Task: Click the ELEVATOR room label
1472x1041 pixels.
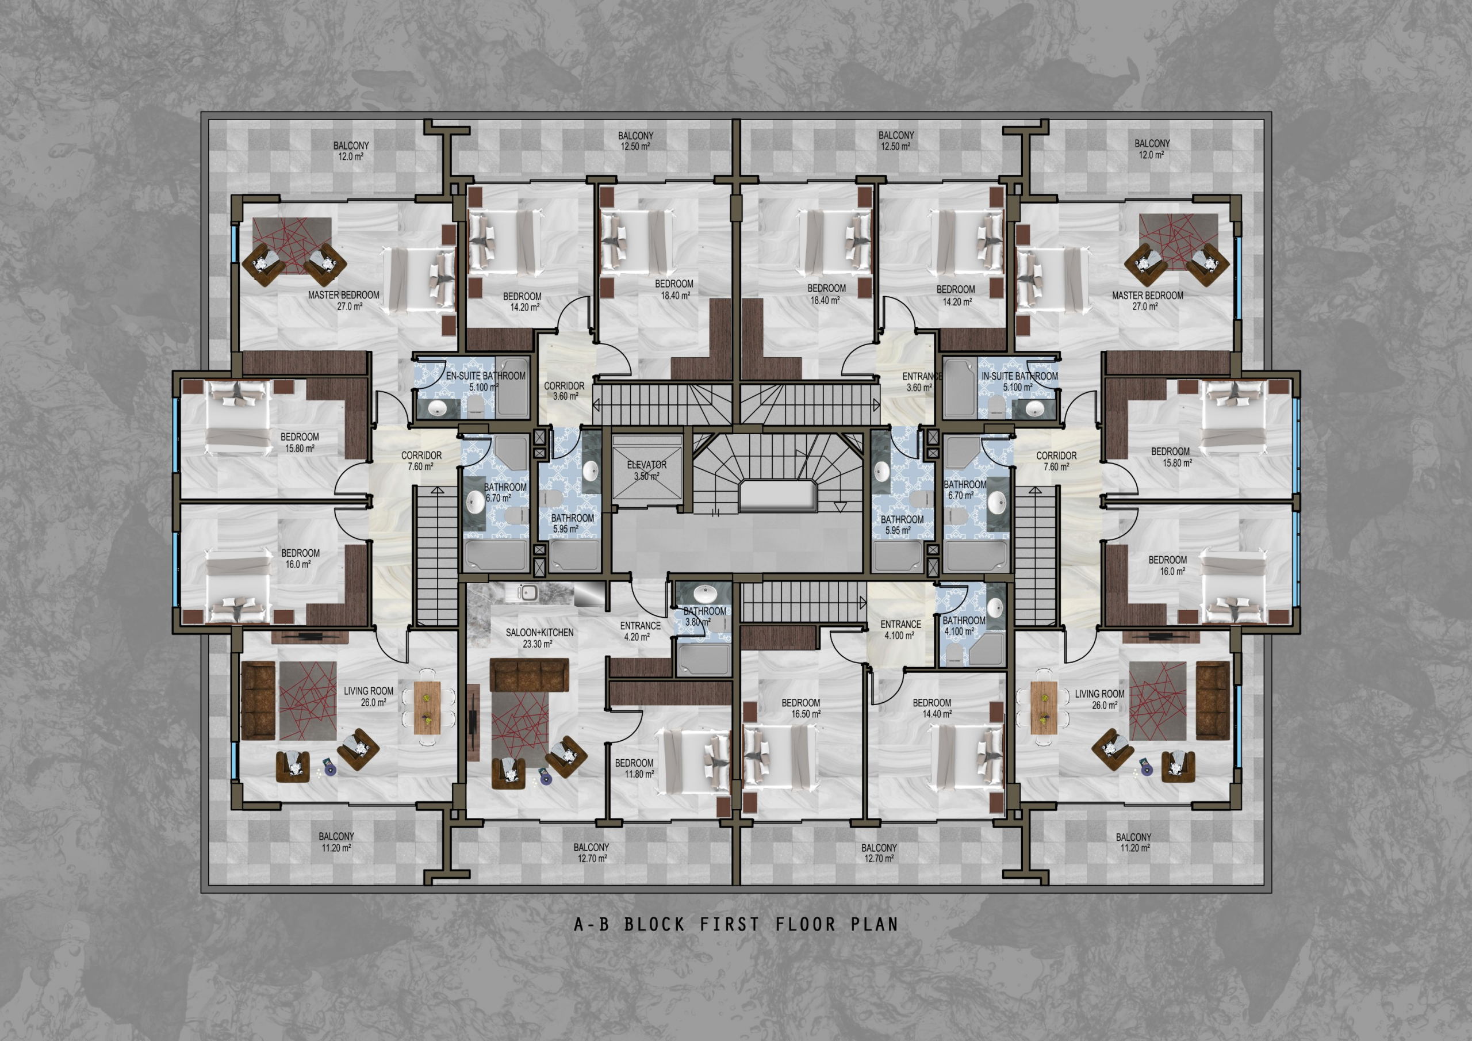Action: [x=646, y=470]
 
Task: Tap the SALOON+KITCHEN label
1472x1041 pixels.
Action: [x=539, y=638]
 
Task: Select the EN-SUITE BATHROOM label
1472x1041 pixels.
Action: [x=485, y=381]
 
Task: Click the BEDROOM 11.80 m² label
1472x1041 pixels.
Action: [x=634, y=768]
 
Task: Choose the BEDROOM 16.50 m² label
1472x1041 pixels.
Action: [x=801, y=708]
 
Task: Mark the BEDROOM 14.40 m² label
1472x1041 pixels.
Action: [x=931, y=708]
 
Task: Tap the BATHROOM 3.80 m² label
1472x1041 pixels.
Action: [x=704, y=617]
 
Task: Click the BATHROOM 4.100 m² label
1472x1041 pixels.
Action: [x=964, y=625]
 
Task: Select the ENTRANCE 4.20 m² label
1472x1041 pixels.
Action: [x=640, y=631]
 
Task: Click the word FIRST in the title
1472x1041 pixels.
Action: [x=730, y=924]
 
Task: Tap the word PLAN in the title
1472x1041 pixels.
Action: [x=875, y=924]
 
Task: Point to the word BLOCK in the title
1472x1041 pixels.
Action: [x=654, y=924]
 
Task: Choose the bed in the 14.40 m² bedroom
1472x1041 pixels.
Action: [x=965, y=757]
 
